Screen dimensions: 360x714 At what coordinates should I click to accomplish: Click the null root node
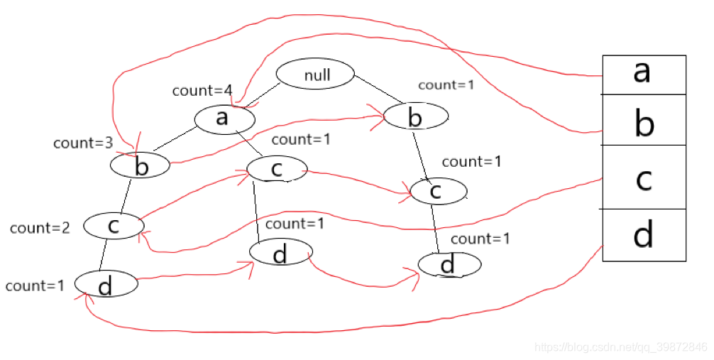pyautogui.click(x=314, y=74)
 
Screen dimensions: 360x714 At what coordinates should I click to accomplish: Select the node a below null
pyautogui.click(x=224, y=118)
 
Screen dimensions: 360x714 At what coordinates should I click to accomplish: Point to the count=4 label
pyautogui.click(x=202, y=91)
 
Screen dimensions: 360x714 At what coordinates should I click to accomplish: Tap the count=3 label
pyautogui.click(x=83, y=143)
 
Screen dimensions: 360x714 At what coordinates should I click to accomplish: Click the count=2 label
pyautogui.click(x=40, y=228)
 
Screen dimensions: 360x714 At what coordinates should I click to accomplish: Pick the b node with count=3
pyautogui.click(x=141, y=166)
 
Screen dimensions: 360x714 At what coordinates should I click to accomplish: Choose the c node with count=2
pyautogui.click(x=114, y=226)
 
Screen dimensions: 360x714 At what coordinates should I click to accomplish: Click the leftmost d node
pyautogui.click(x=106, y=284)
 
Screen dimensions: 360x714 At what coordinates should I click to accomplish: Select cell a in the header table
pyautogui.click(x=644, y=74)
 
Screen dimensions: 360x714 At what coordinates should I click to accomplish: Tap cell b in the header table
pyautogui.click(x=644, y=120)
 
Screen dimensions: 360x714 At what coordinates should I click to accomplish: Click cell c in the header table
pyautogui.click(x=644, y=177)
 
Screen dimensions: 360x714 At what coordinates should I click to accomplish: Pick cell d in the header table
pyautogui.click(x=644, y=235)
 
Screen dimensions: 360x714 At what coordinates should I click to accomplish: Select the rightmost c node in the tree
pyautogui.click(x=438, y=190)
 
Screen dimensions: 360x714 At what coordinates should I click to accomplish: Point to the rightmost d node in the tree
pyautogui.click(x=449, y=265)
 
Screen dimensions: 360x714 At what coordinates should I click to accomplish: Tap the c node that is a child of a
pyautogui.click(x=277, y=168)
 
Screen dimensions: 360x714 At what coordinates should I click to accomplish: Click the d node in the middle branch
pyautogui.click(x=280, y=253)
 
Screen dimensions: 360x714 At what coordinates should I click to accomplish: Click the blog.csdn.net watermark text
pyautogui.click(x=620, y=347)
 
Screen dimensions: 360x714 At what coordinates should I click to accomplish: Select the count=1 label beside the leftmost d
pyautogui.click(x=35, y=285)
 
